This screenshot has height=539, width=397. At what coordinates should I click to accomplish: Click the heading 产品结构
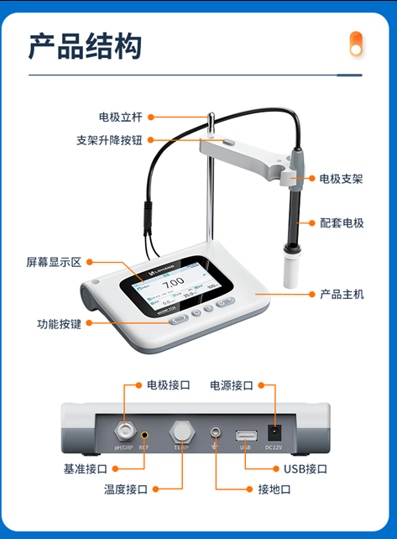86,46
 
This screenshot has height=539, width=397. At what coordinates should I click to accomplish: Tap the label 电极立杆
120,117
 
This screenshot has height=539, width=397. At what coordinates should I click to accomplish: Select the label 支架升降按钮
108,140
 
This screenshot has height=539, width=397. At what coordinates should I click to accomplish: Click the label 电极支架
342,179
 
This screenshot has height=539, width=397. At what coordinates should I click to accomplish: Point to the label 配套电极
342,222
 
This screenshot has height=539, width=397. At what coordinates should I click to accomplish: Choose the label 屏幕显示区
53,262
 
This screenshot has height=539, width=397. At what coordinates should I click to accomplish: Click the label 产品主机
342,295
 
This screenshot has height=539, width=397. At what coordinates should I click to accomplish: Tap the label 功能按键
59,323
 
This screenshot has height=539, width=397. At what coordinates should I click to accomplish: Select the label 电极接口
169,385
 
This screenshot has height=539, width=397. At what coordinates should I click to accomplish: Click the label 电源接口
231,385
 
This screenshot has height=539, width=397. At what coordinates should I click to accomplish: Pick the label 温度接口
126,489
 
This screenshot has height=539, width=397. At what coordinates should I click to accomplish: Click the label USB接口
306,468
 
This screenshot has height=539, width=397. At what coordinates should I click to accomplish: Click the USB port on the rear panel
246,435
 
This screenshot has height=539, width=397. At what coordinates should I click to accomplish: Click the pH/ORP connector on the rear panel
124,432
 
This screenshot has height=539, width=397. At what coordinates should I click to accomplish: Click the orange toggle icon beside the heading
356,44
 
